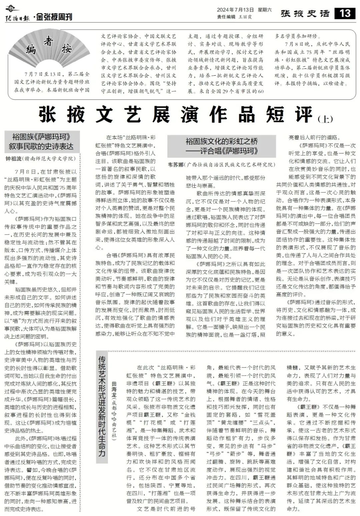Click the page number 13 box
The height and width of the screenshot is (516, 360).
pyautogui.click(x=345, y=13)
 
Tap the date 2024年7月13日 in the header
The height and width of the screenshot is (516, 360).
pyautogui.click(x=235, y=10)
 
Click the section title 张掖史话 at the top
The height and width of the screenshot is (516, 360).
pyautogui.click(x=305, y=14)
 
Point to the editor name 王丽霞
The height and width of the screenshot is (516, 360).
pyautogui.click(x=245, y=16)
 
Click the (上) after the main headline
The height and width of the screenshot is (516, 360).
pyautogui.click(x=325, y=119)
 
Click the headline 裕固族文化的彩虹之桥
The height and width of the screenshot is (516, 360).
pyautogui.click(x=221, y=141)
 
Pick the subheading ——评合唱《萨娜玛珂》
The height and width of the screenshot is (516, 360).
pyautogui.click(x=221, y=150)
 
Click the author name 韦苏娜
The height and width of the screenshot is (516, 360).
pyautogui.click(x=176, y=164)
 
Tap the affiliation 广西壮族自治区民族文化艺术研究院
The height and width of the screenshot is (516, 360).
pyautogui.click(x=230, y=164)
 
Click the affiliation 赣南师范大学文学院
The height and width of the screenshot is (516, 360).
pyautogui.click(x=50, y=159)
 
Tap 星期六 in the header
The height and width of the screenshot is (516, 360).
pyautogui.click(x=265, y=10)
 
